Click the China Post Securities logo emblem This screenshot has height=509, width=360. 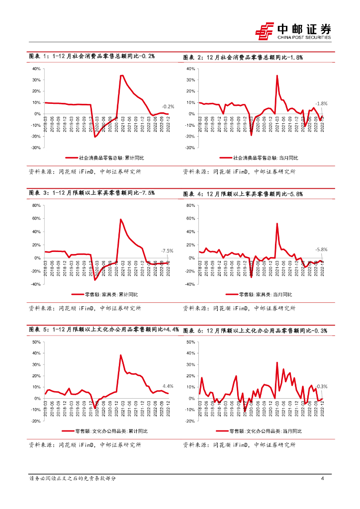265,30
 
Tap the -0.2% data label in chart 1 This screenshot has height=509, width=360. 168,106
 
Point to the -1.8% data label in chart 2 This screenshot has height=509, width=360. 322,103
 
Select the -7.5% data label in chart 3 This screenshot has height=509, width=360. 167,251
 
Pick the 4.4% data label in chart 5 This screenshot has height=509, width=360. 168,386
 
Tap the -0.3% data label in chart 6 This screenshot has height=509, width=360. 322,386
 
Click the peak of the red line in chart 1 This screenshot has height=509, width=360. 122,76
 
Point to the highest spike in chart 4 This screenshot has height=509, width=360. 277,224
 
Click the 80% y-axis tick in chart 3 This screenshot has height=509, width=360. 36,205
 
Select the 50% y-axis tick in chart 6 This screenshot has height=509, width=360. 190,342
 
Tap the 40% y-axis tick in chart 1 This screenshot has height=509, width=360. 36,69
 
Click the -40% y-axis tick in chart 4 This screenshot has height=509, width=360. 189,284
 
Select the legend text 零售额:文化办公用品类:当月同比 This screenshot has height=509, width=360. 266,431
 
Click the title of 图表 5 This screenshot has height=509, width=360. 104,330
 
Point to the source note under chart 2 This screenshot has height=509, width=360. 239,171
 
